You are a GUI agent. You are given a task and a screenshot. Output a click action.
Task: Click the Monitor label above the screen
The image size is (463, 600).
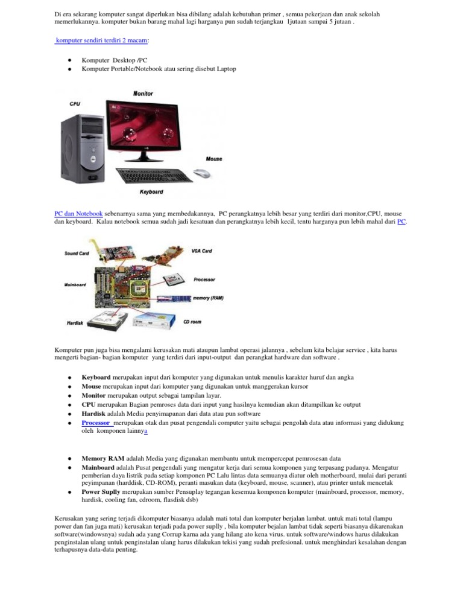(x=143, y=94)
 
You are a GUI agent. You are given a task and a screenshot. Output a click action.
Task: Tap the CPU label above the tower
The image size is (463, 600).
(x=75, y=104)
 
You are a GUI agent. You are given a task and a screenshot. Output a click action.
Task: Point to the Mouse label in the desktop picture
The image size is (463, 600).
(x=213, y=159)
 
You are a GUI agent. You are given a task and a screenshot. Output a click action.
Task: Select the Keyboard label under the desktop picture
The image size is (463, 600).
(x=151, y=192)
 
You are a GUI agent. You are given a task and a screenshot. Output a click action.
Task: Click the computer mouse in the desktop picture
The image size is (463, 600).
(x=202, y=174)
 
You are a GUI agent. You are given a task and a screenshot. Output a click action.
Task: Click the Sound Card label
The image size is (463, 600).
(x=77, y=254)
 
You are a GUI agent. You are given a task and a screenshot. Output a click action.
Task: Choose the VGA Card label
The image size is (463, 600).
(x=202, y=251)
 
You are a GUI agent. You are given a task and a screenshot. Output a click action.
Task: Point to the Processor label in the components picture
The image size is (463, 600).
(x=205, y=279)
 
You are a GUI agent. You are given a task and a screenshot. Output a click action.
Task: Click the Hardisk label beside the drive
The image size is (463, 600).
(x=75, y=323)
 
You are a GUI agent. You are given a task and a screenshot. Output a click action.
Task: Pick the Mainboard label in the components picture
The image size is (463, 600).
(x=74, y=284)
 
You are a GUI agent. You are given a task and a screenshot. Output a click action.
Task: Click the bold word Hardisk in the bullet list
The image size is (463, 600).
(x=95, y=415)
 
